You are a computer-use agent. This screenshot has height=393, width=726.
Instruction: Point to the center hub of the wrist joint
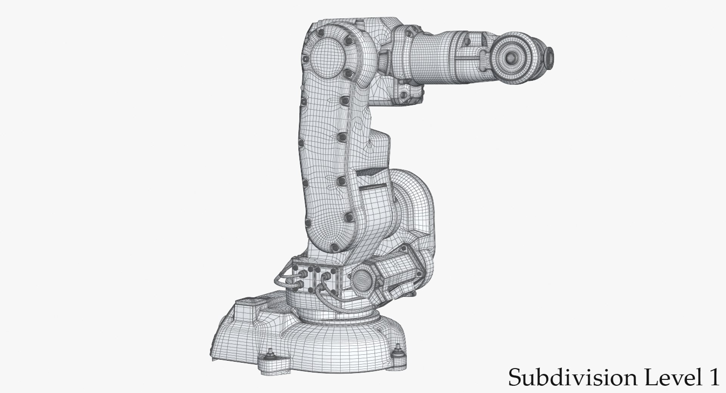pos(511,58)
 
